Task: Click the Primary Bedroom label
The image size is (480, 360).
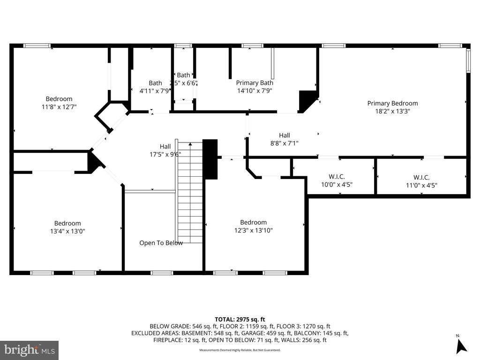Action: point(392,103)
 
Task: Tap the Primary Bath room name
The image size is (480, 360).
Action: point(255,83)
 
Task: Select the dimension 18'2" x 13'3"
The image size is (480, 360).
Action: point(392,112)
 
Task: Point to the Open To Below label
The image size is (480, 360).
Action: point(161,243)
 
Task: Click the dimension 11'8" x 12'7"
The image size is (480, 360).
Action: point(59,107)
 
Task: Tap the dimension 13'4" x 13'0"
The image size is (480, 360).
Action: point(67,231)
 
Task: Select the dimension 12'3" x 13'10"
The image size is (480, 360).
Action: point(254,230)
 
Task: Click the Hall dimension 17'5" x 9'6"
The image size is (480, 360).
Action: point(165,154)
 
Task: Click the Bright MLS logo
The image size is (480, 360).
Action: point(29,350)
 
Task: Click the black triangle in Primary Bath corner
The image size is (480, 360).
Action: point(307,100)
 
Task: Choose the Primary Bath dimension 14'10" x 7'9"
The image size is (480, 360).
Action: point(255,91)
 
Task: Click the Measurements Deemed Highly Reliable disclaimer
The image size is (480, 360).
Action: point(240,350)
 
